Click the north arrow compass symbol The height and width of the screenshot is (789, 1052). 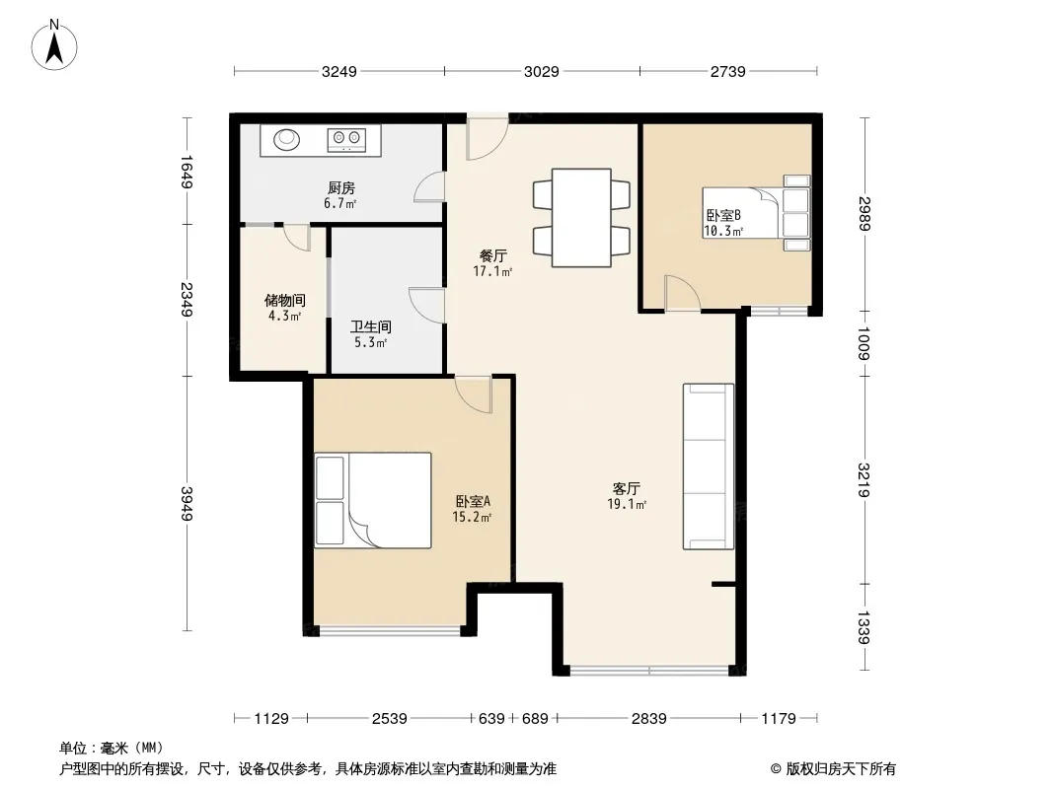pyautogui.click(x=54, y=45)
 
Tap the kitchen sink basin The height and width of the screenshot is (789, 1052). pyautogui.click(x=286, y=139)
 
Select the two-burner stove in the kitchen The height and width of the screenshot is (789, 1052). pyautogui.click(x=346, y=139)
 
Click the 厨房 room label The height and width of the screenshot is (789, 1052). pyautogui.click(x=341, y=188)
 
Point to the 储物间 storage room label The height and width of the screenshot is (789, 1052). pyautogui.click(x=284, y=301)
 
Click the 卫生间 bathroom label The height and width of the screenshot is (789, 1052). pyautogui.click(x=370, y=327)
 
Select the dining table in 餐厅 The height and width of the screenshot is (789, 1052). pyautogui.click(x=581, y=218)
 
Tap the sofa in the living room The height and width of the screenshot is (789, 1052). pyautogui.click(x=709, y=466)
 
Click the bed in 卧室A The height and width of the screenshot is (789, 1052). pyautogui.click(x=373, y=500)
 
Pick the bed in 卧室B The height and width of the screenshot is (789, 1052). pyautogui.click(x=757, y=212)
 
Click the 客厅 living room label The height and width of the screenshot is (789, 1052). pyautogui.click(x=626, y=488)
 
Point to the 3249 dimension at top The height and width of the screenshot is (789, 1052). pyautogui.click(x=339, y=71)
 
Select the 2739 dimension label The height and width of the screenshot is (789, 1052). pyautogui.click(x=728, y=71)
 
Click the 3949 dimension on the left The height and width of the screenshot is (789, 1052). pyautogui.click(x=187, y=503)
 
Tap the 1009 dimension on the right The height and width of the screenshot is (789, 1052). pyautogui.click(x=864, y=343)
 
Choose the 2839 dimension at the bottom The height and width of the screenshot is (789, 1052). pyautogui.click(x=648, y=719)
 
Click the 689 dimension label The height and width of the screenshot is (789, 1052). pyautogui.click(x=535, y=719)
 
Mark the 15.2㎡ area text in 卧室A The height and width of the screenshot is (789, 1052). pyautogui.click(x=472, y=516)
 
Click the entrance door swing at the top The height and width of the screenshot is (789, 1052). pyautogui.click(x=488, y=137)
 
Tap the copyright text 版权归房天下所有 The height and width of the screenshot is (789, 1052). pyautogui.click(x=841, y=769)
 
